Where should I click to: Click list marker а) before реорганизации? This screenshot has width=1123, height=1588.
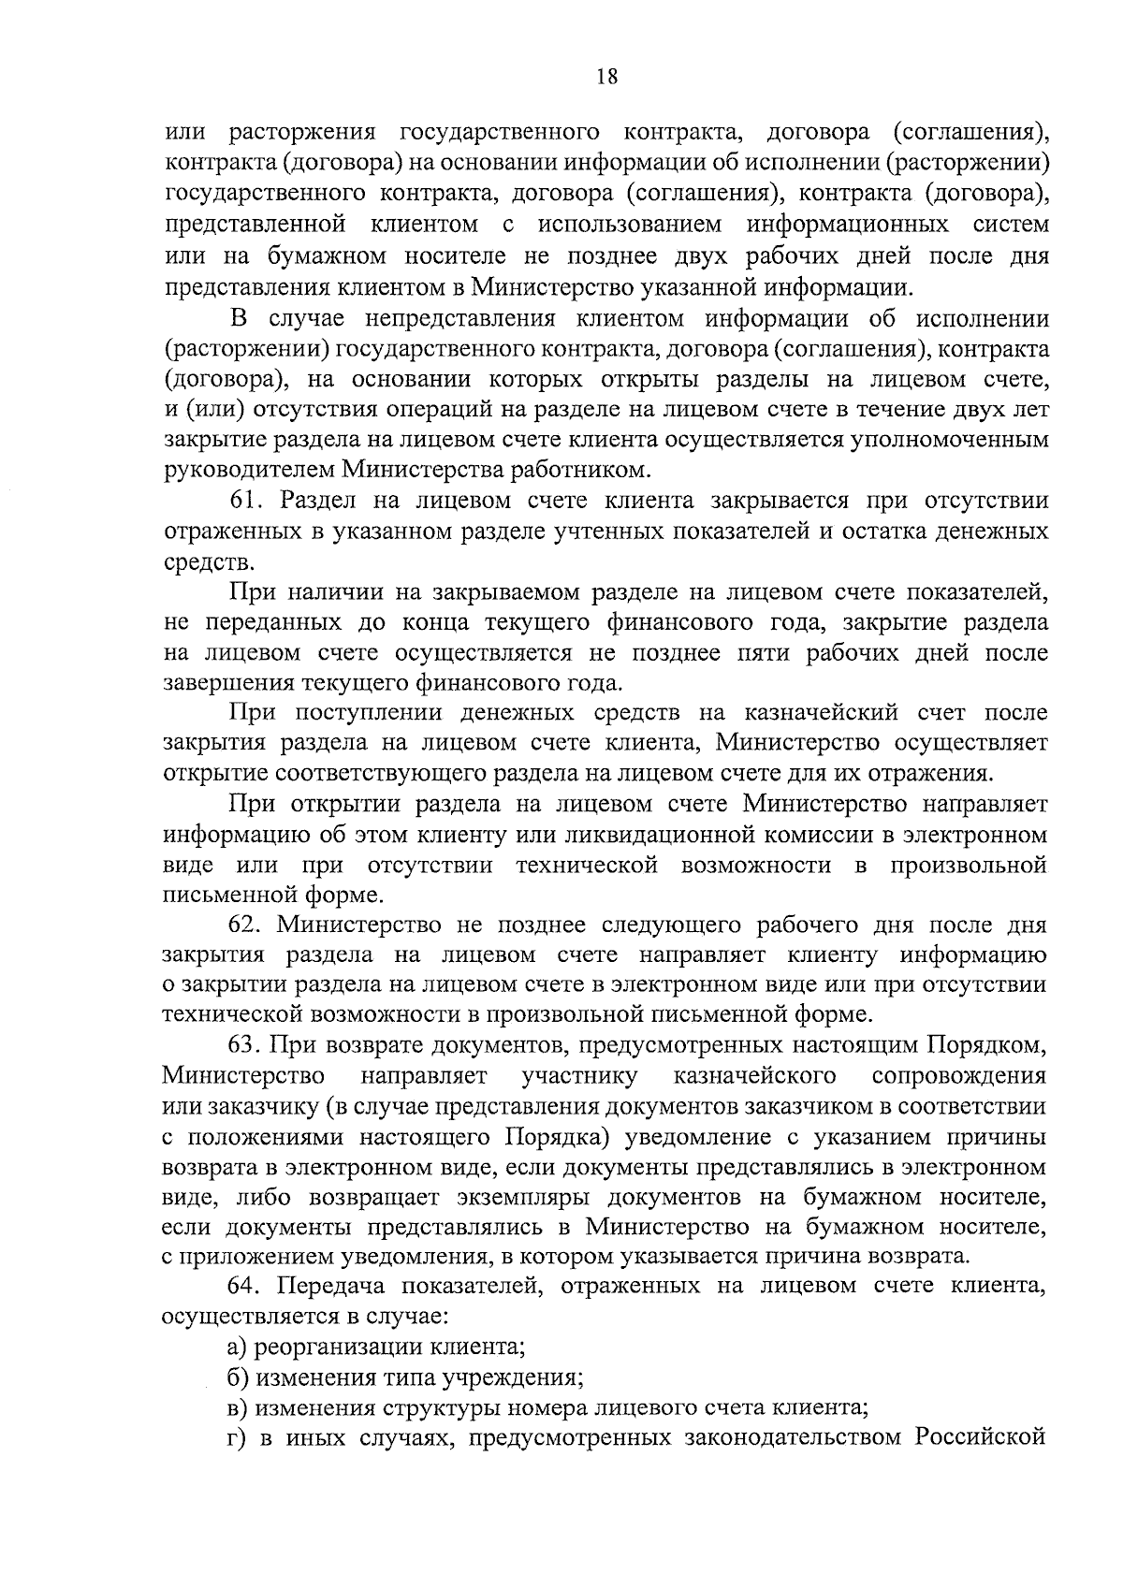[239, 1348]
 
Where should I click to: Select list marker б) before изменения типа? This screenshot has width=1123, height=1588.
[239, 1377]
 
